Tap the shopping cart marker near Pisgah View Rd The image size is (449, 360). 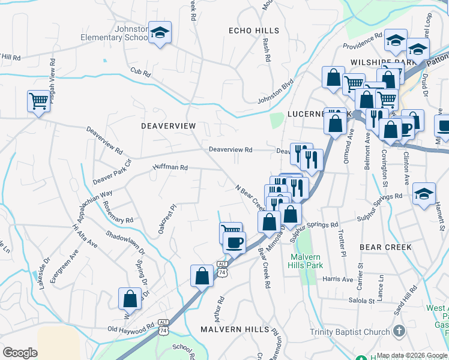38,101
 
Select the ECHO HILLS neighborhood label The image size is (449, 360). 254,31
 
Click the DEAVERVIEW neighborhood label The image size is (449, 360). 168,126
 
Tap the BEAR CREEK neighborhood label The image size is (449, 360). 385,247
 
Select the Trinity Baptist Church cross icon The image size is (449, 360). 399,331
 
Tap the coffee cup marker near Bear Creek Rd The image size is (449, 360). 234,242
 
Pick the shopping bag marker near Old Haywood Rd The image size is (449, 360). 130,298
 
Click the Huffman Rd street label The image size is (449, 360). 170,168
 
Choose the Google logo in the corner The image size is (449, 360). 20,353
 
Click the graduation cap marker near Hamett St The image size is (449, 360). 424,193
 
